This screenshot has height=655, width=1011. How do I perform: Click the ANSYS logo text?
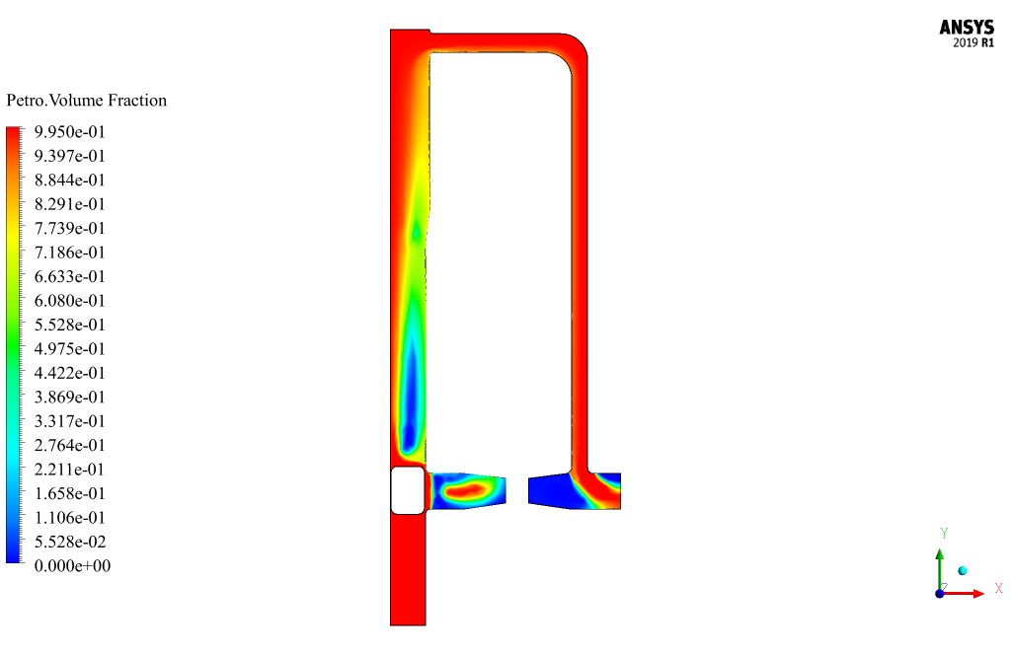pyautogui.click(x=967, y=28)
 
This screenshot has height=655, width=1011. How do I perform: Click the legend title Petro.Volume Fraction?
pyautogui.click(x=87, y=101)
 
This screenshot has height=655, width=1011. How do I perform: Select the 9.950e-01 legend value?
pyautogui.click(x=70, y=132)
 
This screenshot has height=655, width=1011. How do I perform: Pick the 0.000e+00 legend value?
pyautogui.click(x=72, y=566)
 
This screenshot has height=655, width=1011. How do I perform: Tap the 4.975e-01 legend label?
pyautogui.click(x=70, y=349)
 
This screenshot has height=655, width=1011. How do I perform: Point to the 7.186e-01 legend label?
pyautogui.click(x=70, y=253)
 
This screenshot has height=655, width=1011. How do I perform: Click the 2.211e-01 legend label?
pyautogui.click(x=70, y=470)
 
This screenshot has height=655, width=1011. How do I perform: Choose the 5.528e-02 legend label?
pyautogui.click(x=70, y=542)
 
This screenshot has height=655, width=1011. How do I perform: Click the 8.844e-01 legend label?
pyautogui.click(x=70, y=181)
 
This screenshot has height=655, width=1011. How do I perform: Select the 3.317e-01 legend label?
pyautogui.click(x=70, y=421)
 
